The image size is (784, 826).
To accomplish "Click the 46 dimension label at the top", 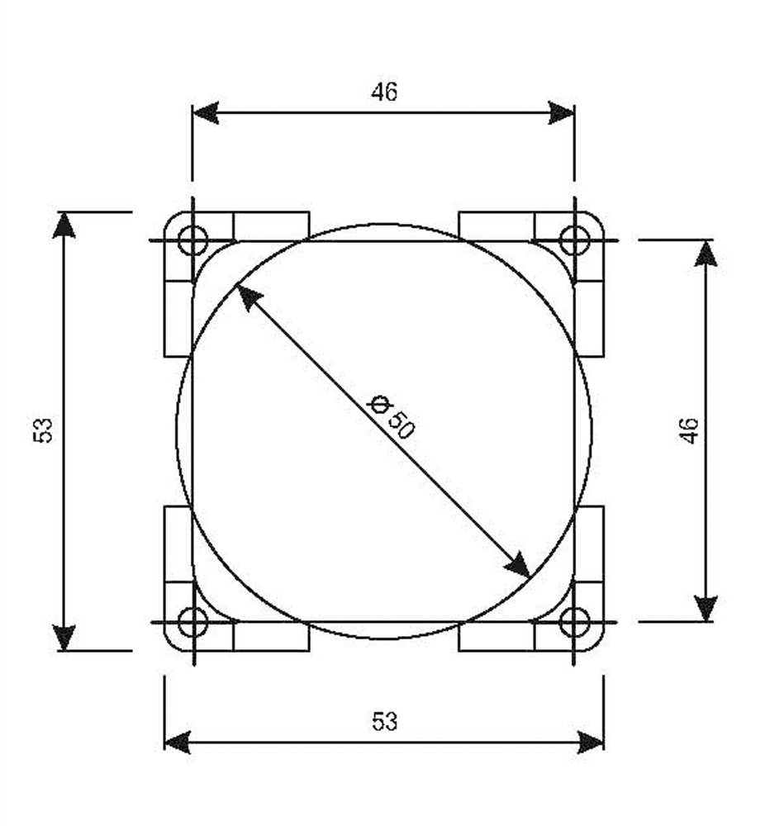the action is click(x=384, y=93).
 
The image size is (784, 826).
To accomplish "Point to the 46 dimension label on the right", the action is click(x=690, y=431).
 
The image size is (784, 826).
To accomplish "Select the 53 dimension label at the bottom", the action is click(x=384, y=721).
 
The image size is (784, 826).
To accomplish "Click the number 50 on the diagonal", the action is click(x=402, y=425).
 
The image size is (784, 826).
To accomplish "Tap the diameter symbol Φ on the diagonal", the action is click(x=379, y=405).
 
